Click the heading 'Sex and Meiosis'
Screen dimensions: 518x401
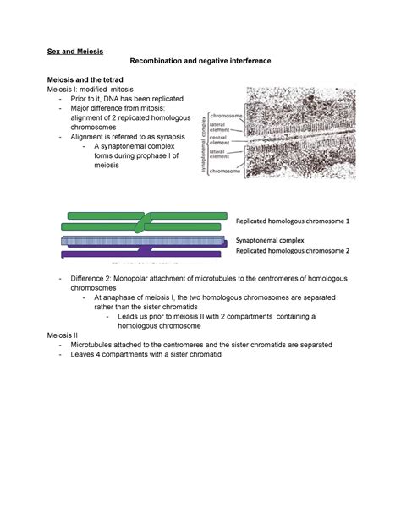point(74,52)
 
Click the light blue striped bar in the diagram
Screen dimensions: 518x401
point(144,241)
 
